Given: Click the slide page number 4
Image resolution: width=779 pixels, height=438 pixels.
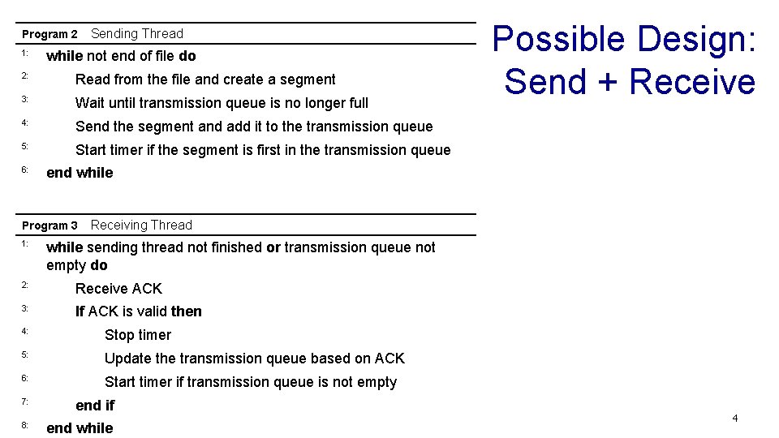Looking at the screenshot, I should point(734,419).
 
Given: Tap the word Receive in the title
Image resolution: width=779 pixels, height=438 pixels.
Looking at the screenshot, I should point(691,82).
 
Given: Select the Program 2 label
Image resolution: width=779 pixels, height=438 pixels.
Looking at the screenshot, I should point(49,34).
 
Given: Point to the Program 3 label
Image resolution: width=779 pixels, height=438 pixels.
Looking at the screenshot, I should point(49,225).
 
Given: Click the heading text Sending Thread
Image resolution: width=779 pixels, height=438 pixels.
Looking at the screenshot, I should point(137,33).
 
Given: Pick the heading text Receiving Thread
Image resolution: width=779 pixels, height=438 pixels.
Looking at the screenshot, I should point(141,225).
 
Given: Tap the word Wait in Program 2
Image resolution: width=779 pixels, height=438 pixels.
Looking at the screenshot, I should point(90,103).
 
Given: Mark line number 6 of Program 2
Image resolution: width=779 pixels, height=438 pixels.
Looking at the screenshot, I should point(25,170).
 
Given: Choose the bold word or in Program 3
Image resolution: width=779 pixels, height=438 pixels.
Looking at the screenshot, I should point(273,247).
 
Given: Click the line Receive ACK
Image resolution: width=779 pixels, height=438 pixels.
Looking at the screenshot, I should point(118,289).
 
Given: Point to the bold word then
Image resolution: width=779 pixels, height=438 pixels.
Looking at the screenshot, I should point(187,311).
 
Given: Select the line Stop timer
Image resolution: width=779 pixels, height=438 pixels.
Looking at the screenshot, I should point(138,335).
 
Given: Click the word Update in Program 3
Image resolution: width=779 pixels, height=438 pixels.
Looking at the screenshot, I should point(128,359).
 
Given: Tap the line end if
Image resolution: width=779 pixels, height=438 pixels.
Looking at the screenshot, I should point(95,406).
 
